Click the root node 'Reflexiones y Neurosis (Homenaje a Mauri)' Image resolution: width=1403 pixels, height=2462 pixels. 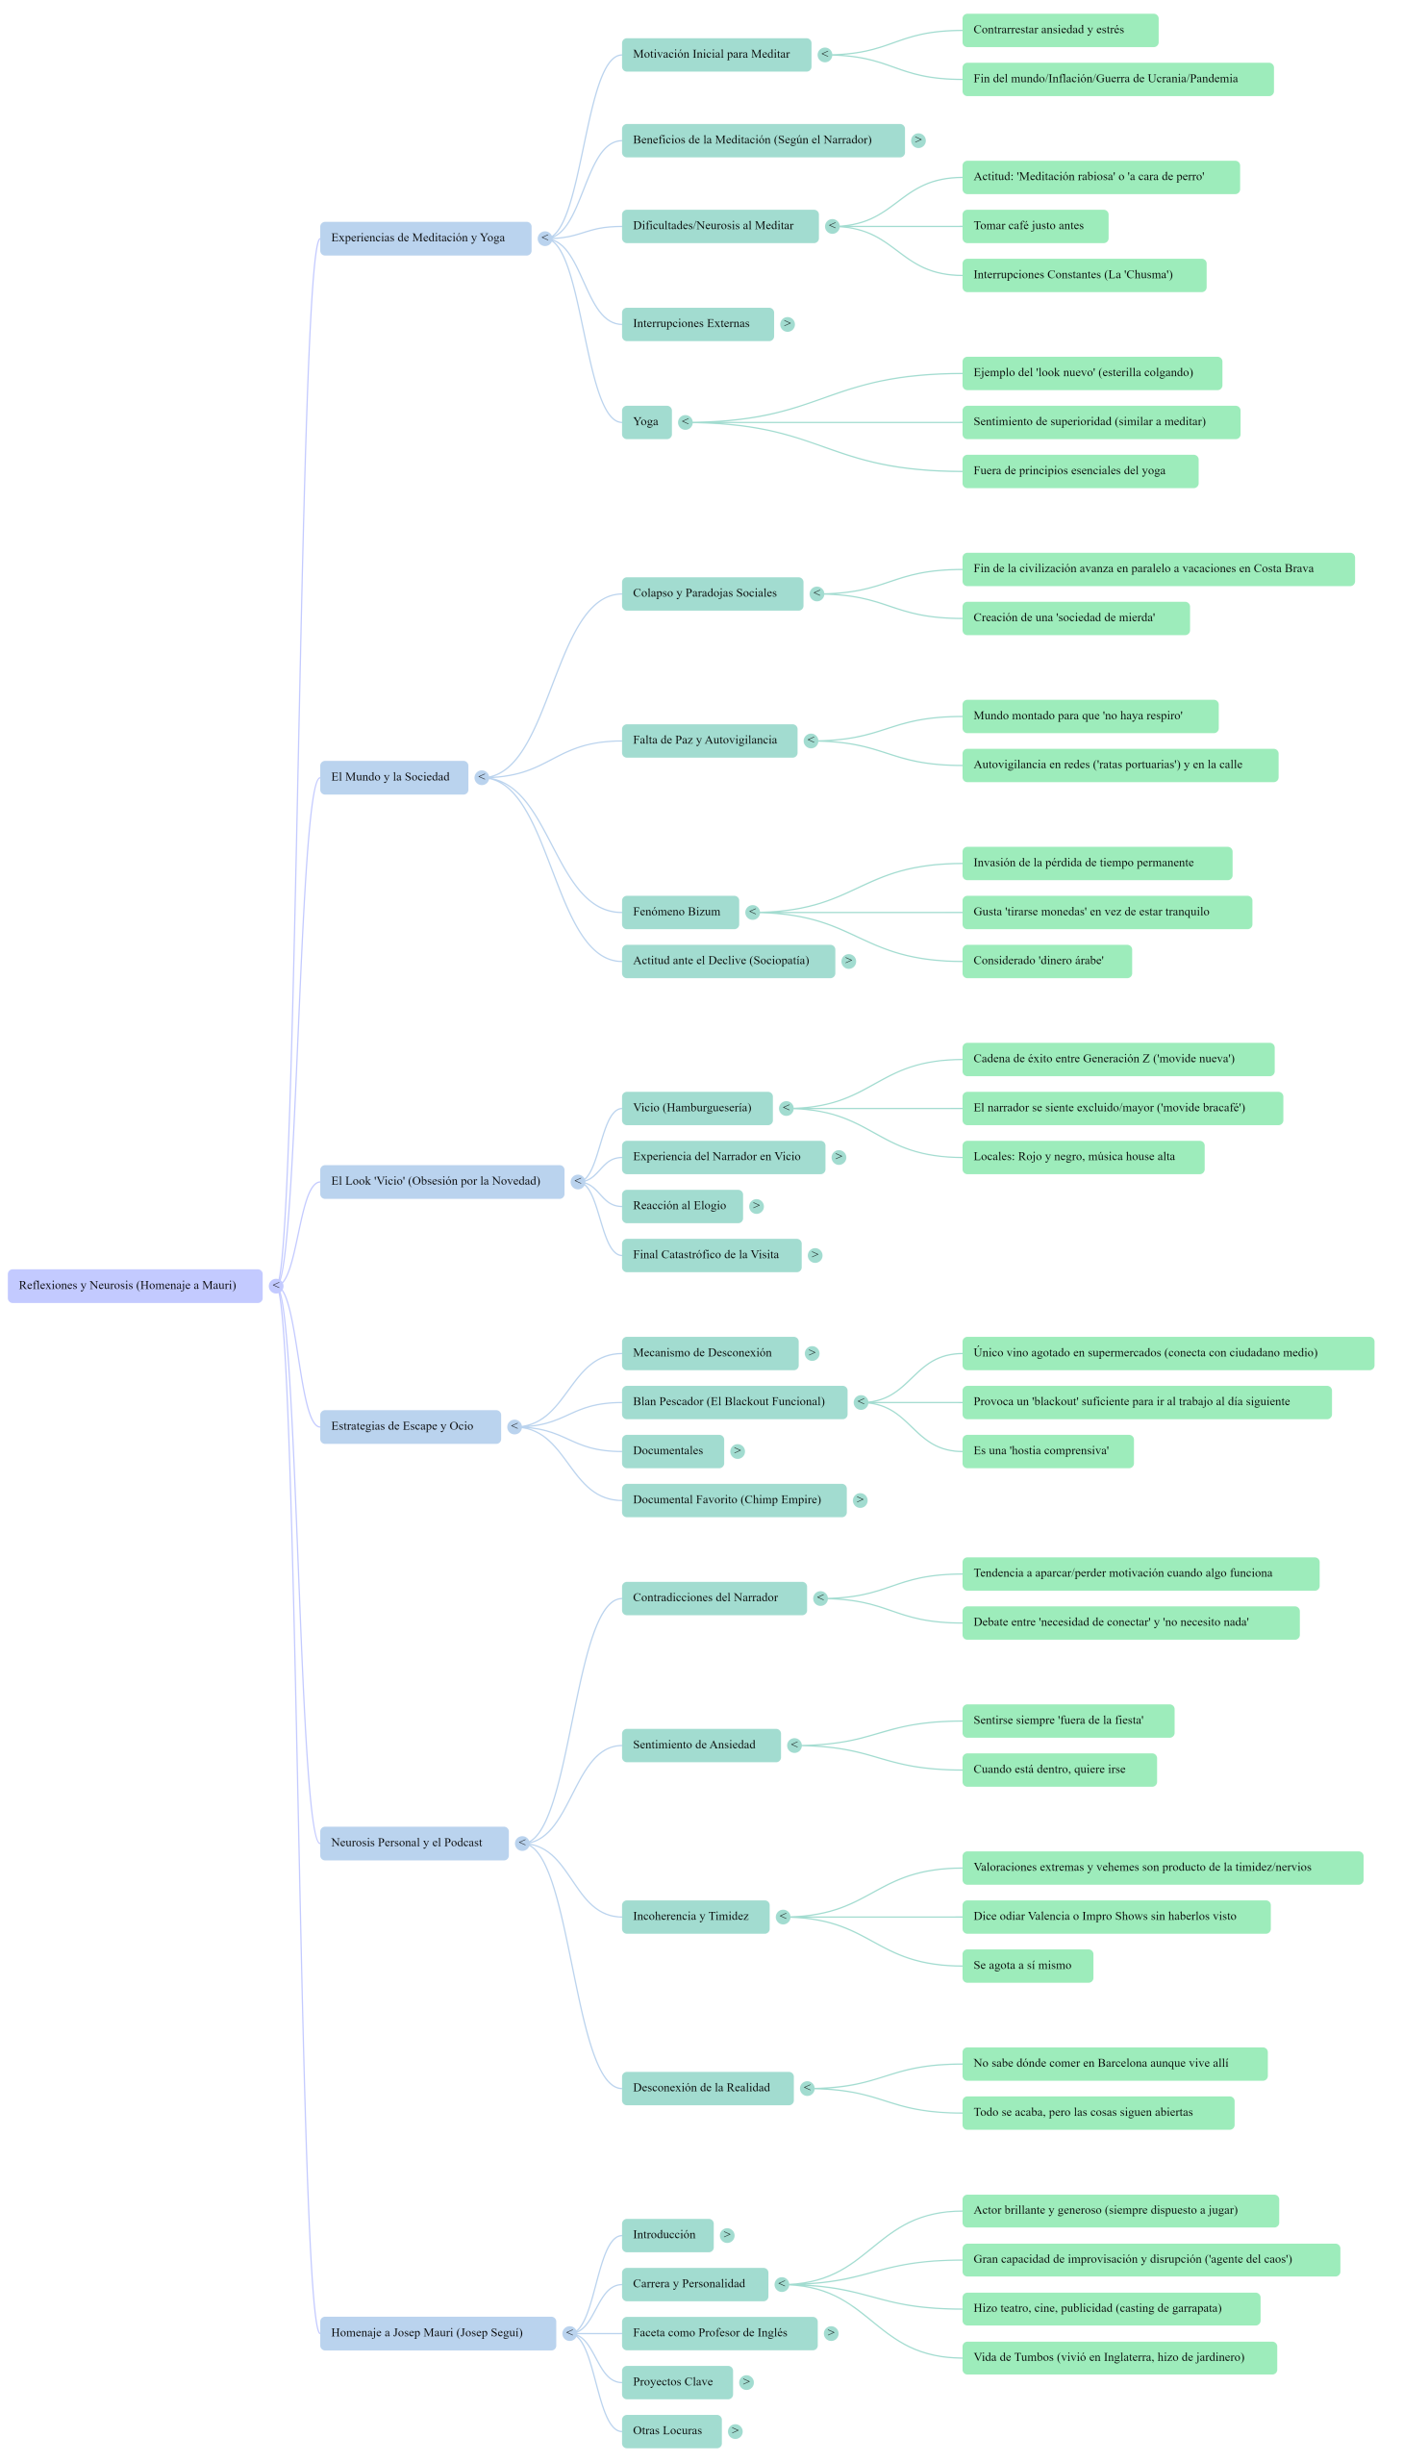(134, 1286)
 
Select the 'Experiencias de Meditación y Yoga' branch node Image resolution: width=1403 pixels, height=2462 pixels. (425, 238)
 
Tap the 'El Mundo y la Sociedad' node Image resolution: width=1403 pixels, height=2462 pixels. (393, 778)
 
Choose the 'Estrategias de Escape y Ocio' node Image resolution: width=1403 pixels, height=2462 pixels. (410, 1427)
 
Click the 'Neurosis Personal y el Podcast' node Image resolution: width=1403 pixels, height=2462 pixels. (413, 1844)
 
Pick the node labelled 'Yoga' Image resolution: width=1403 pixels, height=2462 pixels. (645, 422)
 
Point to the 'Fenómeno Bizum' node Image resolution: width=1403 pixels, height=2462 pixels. (679, 913)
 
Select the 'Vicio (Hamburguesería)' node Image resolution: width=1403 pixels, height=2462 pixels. (695, 1108)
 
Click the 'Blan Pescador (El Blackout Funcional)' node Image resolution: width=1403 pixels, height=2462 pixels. (734, 1402)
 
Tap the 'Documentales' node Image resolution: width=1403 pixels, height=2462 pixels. (671, 1451)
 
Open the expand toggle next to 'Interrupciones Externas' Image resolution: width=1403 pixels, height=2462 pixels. (788, 325)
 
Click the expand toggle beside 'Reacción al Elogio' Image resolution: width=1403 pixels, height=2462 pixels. (757, 1206)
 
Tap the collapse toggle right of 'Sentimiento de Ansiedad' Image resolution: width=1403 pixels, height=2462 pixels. (794, 1746)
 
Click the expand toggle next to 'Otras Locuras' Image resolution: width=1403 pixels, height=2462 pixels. (736, 2431)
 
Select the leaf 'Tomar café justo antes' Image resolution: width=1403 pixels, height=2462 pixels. (1034, 226)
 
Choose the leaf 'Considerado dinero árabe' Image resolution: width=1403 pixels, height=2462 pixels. (1046, 962)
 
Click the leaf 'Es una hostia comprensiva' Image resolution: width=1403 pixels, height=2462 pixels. (1047, 1451)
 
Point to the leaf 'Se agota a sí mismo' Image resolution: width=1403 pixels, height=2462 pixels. (1027, 1966)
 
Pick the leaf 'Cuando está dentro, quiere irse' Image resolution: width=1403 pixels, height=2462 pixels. (1059, 1770)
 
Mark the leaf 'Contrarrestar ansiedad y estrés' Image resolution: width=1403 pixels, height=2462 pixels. (1060, 31)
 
